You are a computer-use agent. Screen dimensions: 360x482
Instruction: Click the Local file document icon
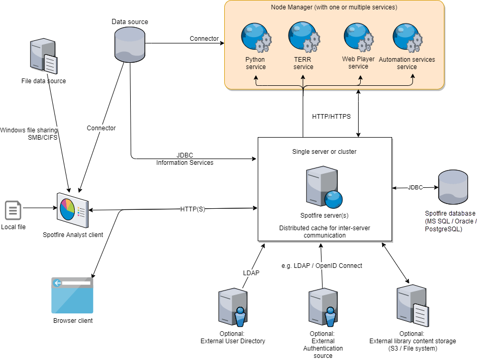coord(13,210)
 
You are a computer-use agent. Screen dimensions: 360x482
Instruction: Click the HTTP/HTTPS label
coord(331,116)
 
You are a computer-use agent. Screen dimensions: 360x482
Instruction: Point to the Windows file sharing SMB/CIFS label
coord(29,134)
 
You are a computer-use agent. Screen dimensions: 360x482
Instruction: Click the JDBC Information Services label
coord(185,159)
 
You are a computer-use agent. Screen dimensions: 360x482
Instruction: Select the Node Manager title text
coord(334,7)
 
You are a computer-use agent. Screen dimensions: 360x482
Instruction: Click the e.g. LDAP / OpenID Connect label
coord(322,266)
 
